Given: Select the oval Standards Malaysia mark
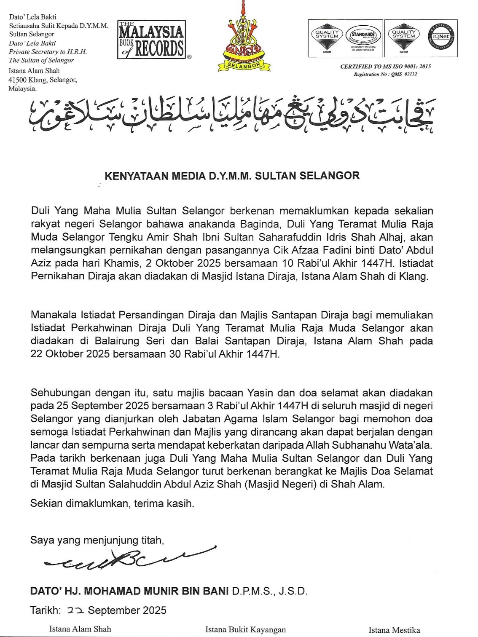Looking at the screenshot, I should [x=363, y=36].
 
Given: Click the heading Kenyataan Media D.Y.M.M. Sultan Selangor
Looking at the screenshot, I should [x=232, y=176].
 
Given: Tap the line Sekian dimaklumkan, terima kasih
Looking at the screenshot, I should [x=112, y=503].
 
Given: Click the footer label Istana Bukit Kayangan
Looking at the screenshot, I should [x=245, y=630].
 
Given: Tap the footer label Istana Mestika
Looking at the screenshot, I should [x=394, y=630].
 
